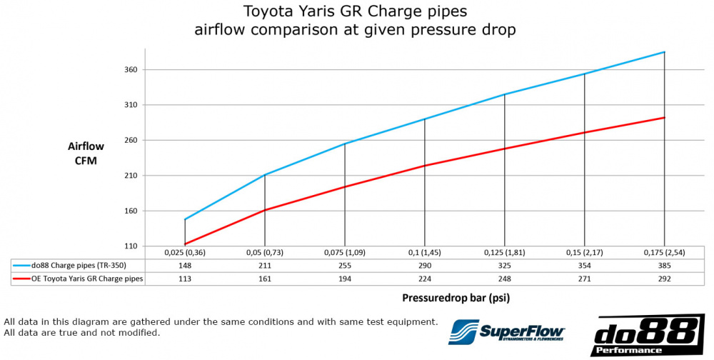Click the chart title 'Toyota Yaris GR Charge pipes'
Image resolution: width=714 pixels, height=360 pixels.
356,11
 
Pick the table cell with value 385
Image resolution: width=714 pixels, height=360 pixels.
665,266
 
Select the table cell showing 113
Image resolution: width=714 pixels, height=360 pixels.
185,279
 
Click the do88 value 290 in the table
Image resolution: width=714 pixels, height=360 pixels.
425,266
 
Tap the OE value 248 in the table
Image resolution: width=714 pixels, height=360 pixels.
505,279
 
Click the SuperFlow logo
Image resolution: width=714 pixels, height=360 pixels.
507,332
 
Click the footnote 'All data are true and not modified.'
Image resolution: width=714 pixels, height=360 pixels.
82,333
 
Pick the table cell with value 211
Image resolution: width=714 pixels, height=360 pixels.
265,266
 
